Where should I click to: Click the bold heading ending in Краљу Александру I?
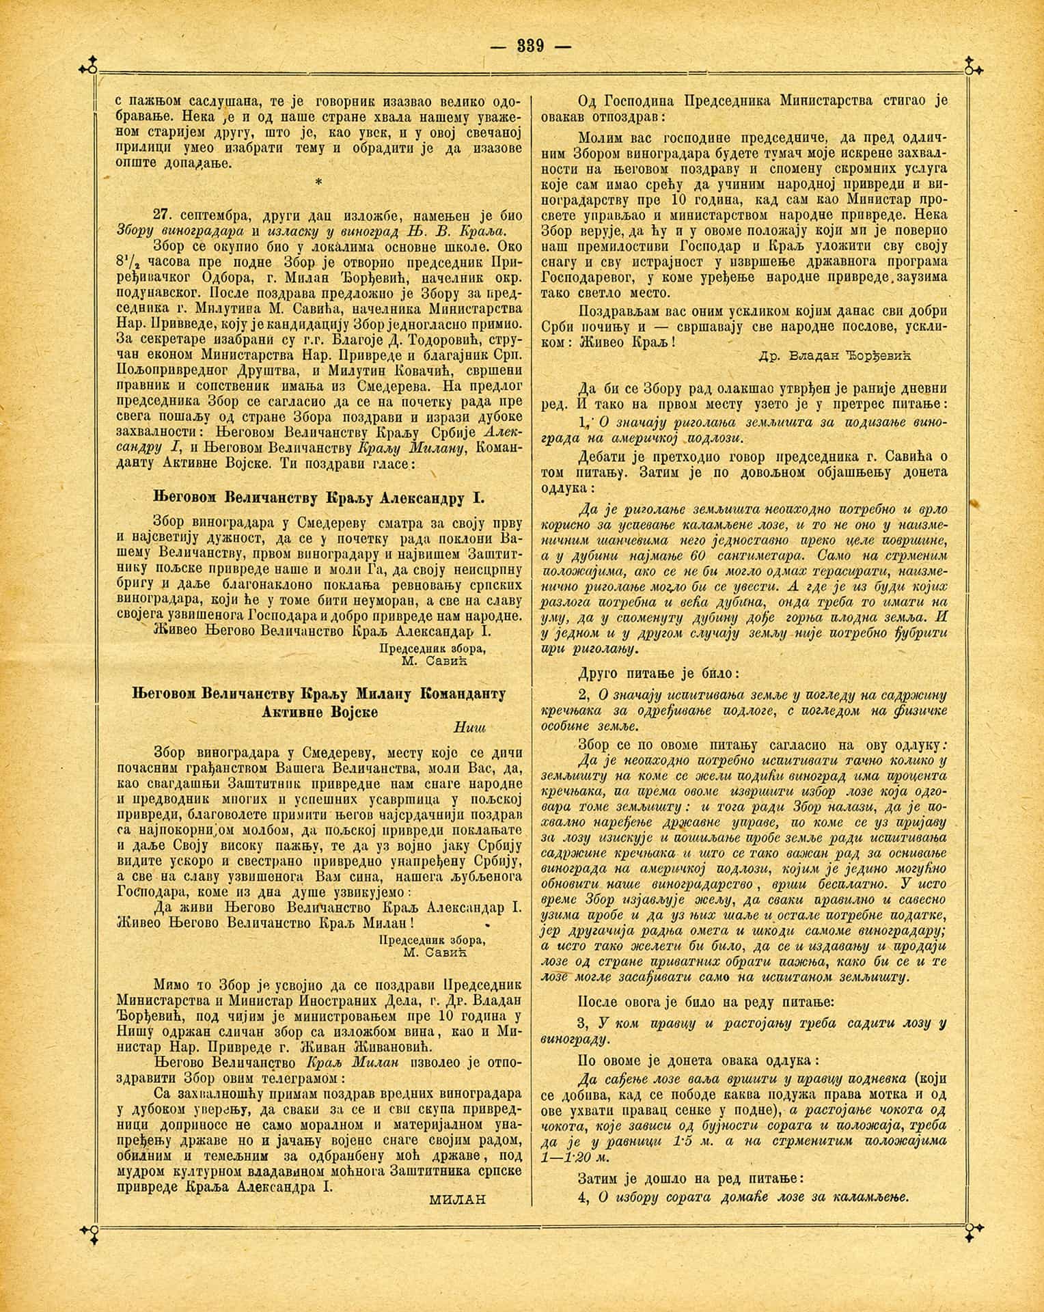317,497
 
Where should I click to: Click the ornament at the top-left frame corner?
87,67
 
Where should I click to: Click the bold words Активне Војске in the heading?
320,712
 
